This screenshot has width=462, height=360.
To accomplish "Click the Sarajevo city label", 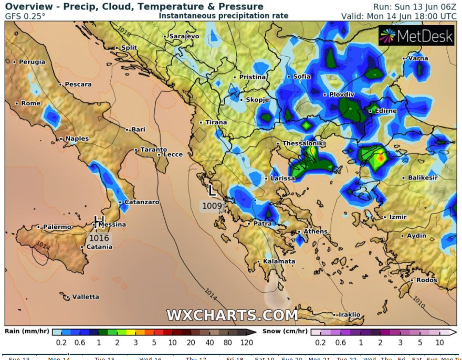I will (184, 36).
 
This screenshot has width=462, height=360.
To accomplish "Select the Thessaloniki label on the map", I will (304, 143).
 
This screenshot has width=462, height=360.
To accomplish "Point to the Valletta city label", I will (85, 297).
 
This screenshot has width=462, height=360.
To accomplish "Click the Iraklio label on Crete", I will (349, 315).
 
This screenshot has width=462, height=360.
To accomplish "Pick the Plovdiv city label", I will (342, 94).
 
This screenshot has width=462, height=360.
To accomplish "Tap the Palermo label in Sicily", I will (57, 227).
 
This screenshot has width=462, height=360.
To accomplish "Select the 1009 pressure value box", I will (213, 206).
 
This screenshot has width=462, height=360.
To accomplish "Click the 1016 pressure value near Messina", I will (99, 238).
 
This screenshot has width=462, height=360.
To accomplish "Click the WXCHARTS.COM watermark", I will (232, 315).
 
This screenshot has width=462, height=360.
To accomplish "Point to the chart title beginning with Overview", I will (134, 7).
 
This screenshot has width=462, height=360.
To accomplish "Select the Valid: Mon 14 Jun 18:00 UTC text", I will (399, 16).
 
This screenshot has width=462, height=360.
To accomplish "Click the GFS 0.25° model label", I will (25, 16).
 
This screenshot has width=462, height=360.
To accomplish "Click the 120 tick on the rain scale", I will (247, 343).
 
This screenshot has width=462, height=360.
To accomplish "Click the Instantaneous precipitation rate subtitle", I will (223, 16).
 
